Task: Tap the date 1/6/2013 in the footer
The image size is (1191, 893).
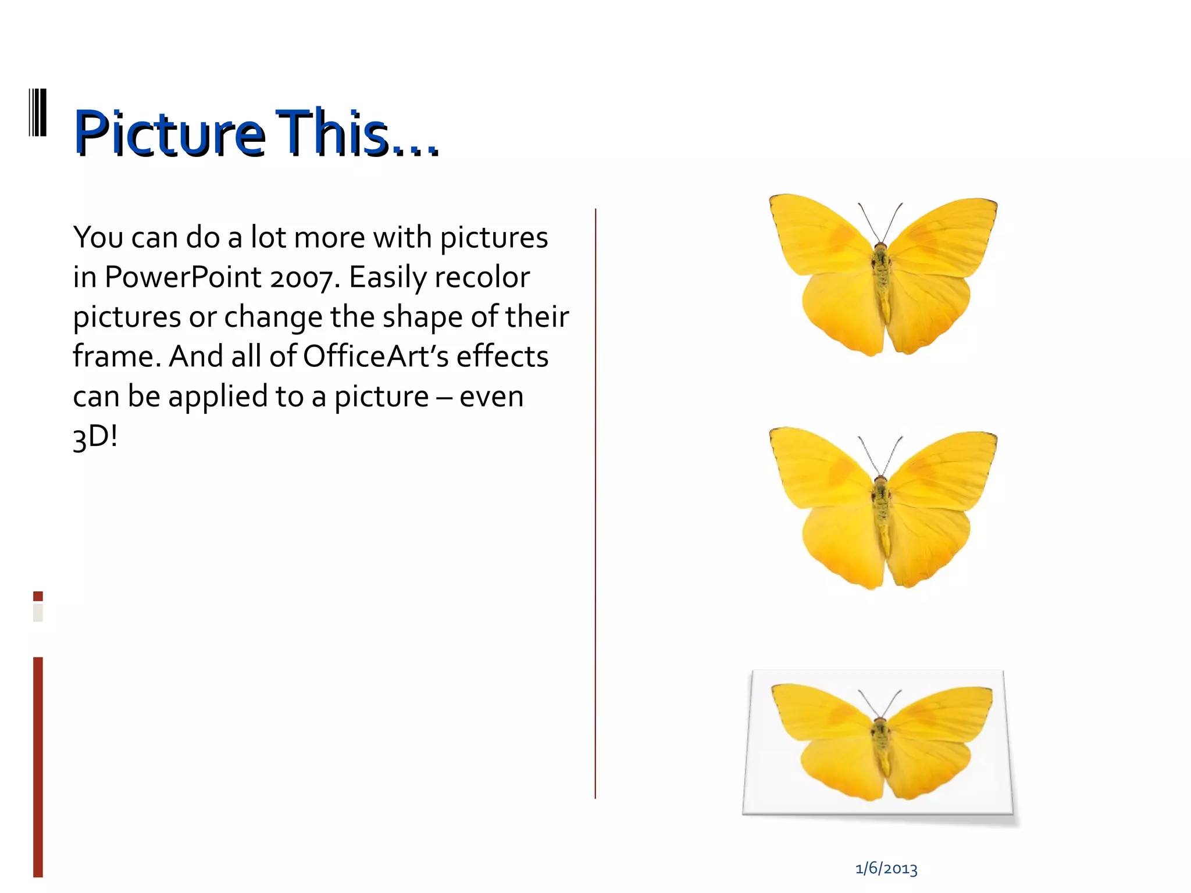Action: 886,869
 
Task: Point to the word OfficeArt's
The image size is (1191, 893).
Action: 376,356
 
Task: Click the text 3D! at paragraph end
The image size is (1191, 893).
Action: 95,436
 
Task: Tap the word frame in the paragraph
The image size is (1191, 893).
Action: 115,356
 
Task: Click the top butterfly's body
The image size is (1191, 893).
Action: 882,279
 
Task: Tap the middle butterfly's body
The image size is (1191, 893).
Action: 882,512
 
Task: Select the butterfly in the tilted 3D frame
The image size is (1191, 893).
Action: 882,744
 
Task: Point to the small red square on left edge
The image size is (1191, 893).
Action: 38,596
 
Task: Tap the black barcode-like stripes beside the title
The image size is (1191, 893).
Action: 38,113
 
